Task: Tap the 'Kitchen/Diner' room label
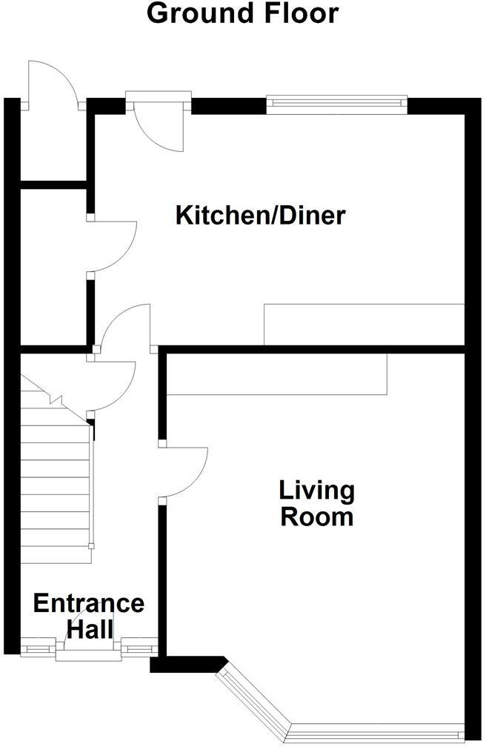[x=260, y=216]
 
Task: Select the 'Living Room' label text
[x=316, y=503]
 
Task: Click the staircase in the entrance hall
[x=56, y=482]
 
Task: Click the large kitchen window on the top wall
[x=336, y=103]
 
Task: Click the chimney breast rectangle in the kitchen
[x=364, y=324]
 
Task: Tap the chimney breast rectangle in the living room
[x=277, y=373]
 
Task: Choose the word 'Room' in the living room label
[x=316, y=516]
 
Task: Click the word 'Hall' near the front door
[x=90, y=630]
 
